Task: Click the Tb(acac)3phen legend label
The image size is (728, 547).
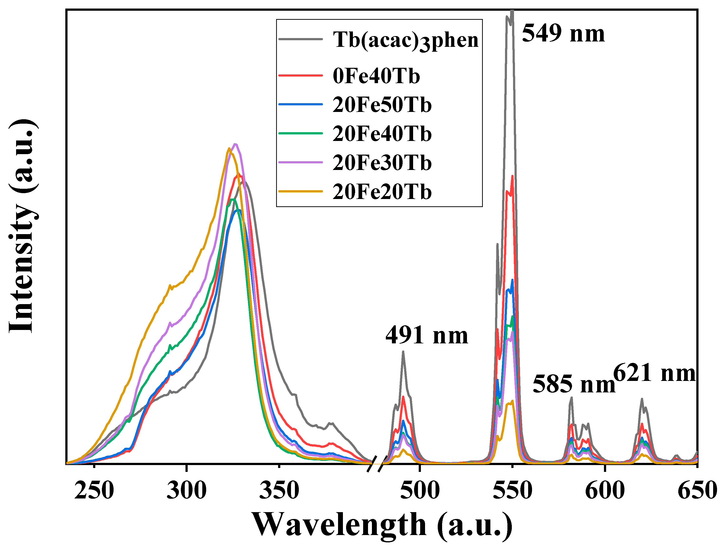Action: [x=406, y=40]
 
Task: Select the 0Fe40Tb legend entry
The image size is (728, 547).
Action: [x=376, y=76]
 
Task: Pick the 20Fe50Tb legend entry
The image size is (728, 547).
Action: [x=382, y=105]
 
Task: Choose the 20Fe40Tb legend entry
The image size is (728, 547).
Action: [x=382, y=134]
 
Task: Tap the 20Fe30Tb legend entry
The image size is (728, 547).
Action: [x=382, y=163]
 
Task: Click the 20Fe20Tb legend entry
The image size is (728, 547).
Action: [x=382, y=192]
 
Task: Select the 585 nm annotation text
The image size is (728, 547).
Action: [x=574, y=384]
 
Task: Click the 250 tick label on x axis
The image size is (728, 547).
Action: [x=94, y=490]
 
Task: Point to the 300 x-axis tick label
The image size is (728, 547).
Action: [x=187, y=490]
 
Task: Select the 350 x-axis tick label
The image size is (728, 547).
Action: [x=279, y=490]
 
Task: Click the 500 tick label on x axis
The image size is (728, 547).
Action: [x=420, y=490]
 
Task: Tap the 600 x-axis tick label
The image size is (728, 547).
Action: [x=605, y=490]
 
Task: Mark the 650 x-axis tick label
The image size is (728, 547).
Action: [x=697, y=490]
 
